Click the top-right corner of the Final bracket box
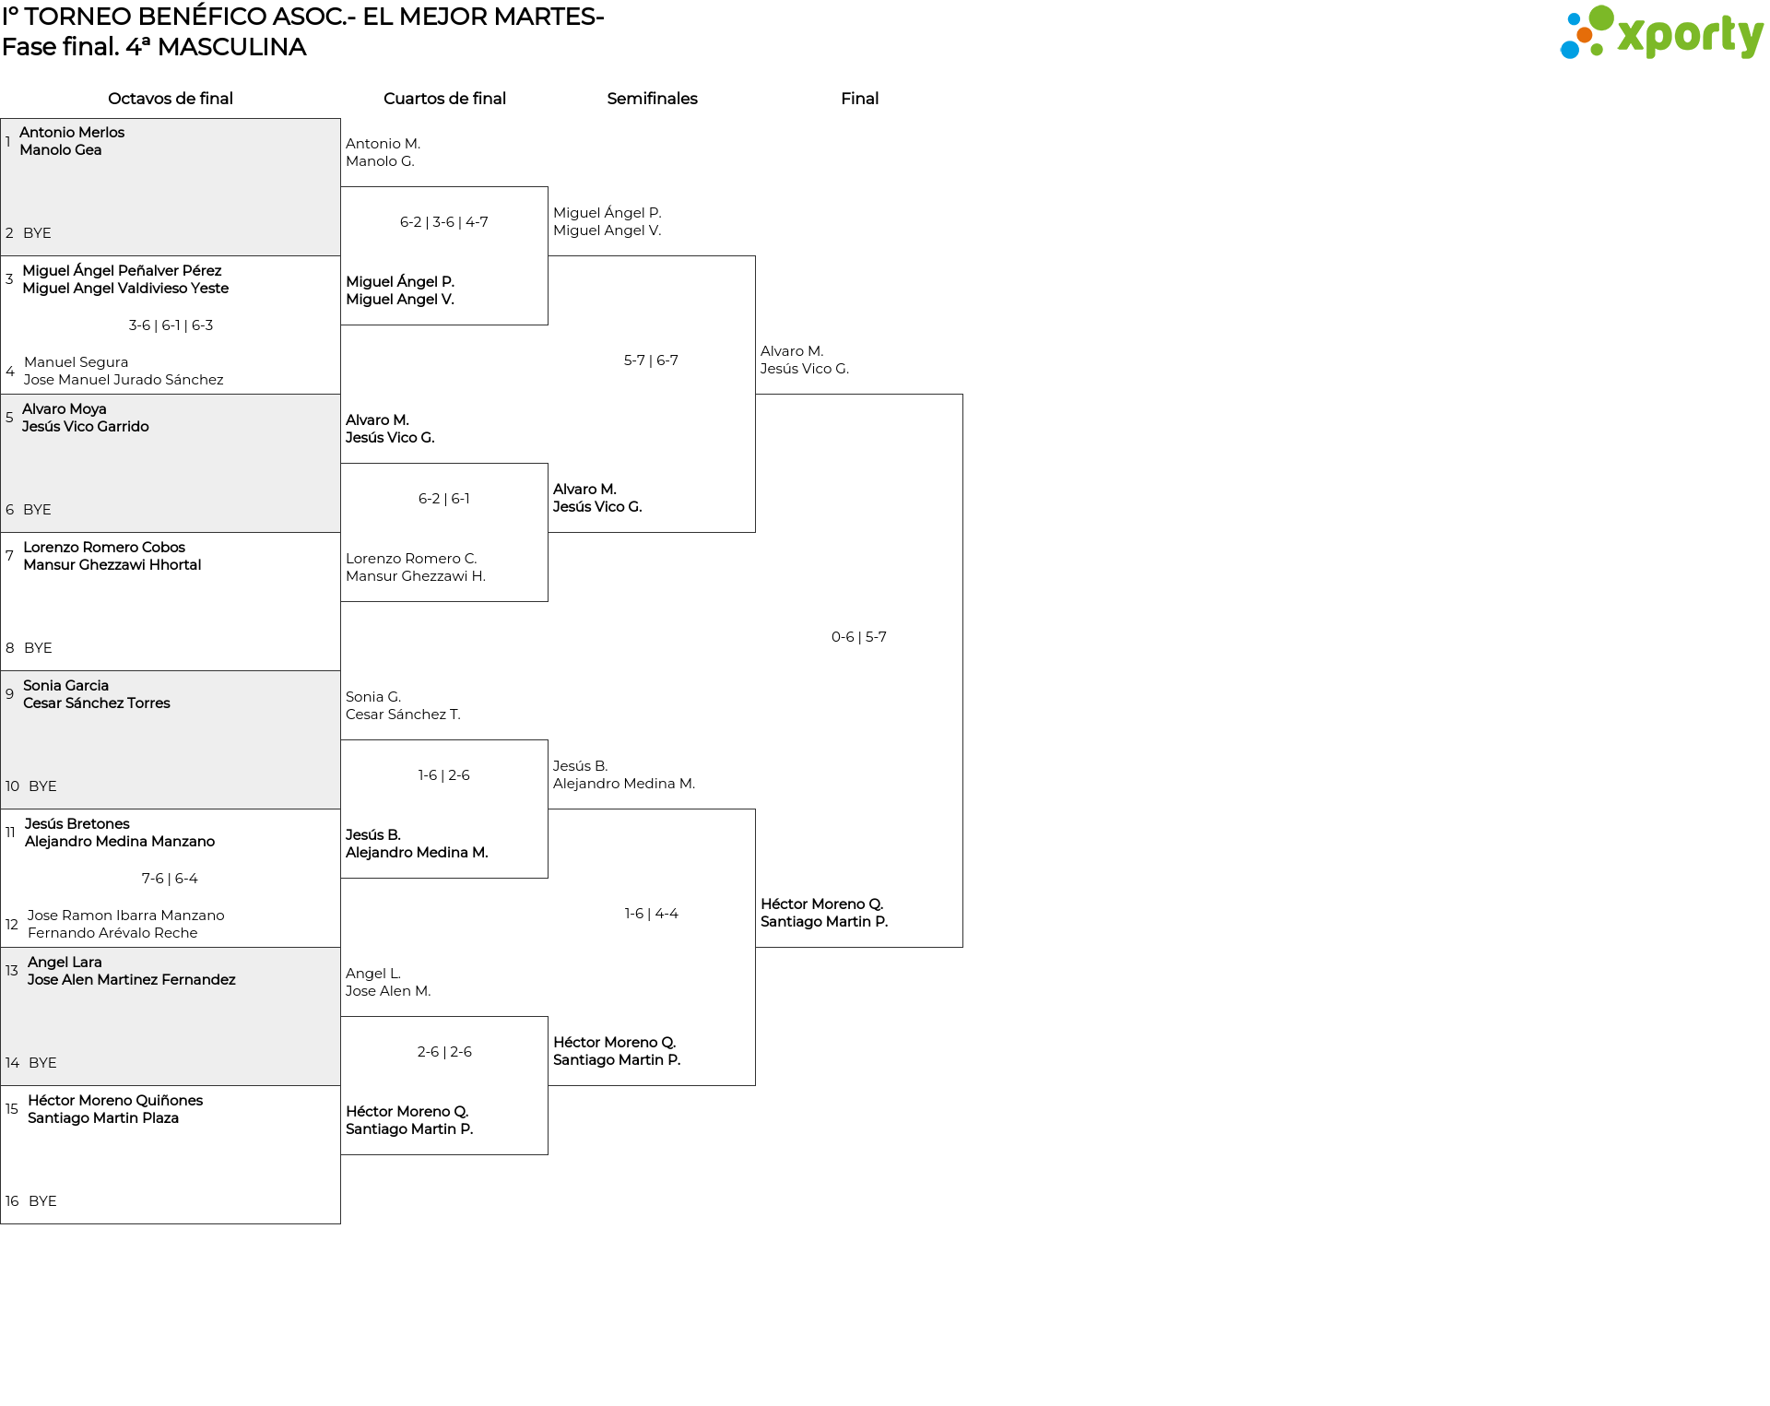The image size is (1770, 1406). click(x=962, y=395)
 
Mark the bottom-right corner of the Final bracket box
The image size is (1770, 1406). click(x=962, y=947)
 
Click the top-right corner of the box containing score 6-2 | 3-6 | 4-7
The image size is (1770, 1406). click(x=548, y=187)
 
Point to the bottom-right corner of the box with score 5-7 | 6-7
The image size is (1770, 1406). click(x=755, y=532)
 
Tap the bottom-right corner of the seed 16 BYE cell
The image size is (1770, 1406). click(x=340, y=1223)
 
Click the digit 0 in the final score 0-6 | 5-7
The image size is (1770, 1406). click(x=836, y=637)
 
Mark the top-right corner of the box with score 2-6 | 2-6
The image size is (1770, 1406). click(x=548, y=1017)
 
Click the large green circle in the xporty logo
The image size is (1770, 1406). click(x=1601, y=18)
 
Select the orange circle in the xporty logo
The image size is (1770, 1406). click(x=1585, y=35)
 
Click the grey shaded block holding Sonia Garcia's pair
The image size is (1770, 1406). click(x=171, y=740)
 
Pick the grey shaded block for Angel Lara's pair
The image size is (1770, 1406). click(x=171, y=1017)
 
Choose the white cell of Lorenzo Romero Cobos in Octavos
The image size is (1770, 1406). click(x=171, y=602)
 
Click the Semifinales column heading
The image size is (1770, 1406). click(x=652, y=99)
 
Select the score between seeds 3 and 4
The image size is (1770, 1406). click(x=171, y=325)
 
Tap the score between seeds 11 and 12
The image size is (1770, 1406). click(x=170, y=879)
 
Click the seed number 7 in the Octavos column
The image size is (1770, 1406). click(x=9, y=556)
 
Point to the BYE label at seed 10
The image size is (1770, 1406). click(x=42, y=786)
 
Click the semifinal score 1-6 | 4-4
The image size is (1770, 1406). click(x=652, y=914)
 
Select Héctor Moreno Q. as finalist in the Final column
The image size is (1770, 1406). click(x=822, y=904)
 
